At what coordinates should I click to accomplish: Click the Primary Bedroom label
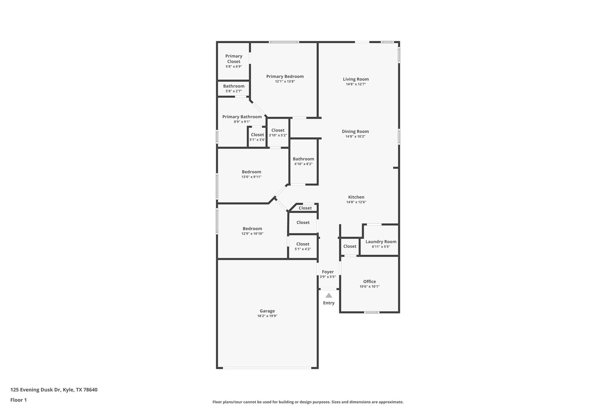(285, 76)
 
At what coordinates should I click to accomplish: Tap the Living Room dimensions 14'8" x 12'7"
(356, 84)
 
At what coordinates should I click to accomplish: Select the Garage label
(267, 311)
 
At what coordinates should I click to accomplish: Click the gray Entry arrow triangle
(329, 296)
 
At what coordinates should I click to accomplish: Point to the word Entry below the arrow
(329, 303)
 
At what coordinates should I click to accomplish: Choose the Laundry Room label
(381, 241)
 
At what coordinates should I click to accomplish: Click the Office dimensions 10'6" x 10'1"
(369, 287)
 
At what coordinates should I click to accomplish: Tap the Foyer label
(328, 272)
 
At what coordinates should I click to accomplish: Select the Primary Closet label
(234, 59)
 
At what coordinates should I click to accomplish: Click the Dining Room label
(355, 131)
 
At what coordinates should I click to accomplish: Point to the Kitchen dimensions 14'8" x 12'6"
(356, 202)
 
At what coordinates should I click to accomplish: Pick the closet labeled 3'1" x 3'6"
(257, 137)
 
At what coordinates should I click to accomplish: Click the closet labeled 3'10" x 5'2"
(278, 132)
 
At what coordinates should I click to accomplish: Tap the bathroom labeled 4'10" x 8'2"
(303, 161)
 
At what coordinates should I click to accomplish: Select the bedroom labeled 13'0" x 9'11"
(251, 174)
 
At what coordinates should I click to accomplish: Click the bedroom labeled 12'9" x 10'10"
(252, 231)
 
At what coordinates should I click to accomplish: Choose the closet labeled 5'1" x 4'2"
(303, 246)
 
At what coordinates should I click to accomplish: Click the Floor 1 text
(18, 400)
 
